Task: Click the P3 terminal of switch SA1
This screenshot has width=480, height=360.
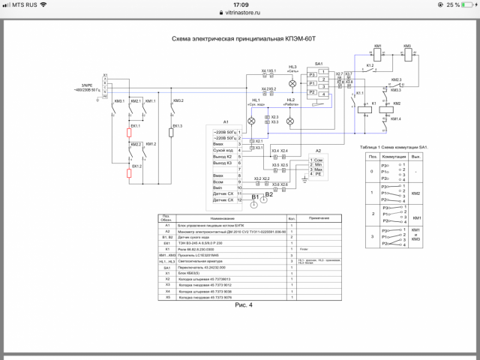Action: [x=312, y=75]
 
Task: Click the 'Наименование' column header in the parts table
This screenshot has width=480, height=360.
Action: [x=223, y=217]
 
